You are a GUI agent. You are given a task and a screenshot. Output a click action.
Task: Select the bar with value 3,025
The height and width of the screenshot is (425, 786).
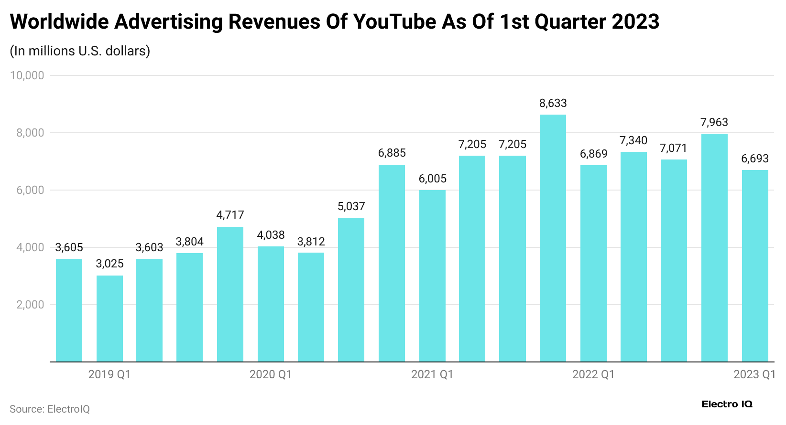pyautogui.click(x=109, y=319)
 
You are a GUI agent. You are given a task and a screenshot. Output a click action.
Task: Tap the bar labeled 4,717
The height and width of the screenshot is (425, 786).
pyautogui.click(x=230, y=294)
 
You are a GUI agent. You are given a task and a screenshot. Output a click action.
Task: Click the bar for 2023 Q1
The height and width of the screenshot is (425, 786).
pyautogui.click(x=755, y=266)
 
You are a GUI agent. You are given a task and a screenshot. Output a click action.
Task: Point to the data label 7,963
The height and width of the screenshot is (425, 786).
pyautogui.click(x=714, y=122)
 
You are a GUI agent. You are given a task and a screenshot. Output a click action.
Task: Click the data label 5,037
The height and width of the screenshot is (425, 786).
pyautogui.click(x=351, y=206)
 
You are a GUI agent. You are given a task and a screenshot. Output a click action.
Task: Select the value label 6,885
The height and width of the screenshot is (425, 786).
pyautogui.click(x=392, y=153)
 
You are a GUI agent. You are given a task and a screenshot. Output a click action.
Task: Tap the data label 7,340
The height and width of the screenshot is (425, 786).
pyautogui.click(x=633, y=140)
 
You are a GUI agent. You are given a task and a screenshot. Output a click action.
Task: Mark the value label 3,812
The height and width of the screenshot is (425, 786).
pyautogui.click(x=311, y=242)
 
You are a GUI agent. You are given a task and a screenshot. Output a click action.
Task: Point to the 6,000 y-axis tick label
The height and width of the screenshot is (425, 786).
pyautogui.click(x=30, y=190)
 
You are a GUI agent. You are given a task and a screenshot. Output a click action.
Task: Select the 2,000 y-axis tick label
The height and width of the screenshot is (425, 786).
pyautogui.click(x=30, y=305)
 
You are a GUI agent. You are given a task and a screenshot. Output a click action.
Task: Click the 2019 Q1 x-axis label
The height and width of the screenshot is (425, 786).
pyautogui.click(x=109, y=374)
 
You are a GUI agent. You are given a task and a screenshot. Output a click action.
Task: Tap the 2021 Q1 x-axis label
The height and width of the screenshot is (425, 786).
pyautogui.click(x=432, y=374)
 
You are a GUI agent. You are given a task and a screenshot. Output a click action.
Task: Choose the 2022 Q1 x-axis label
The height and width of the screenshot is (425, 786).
pyautogui.click(x=593, y=374)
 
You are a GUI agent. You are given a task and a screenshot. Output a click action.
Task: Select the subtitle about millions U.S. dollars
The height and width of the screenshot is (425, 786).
pyautogui.click(x=80, y=51)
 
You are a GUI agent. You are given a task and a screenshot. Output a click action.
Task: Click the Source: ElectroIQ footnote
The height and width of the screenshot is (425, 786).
pyautogui.click(x=50, y=409)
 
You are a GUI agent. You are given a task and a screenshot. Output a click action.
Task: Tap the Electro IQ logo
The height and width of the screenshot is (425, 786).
pyautogui.click(x=727, y=404)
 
